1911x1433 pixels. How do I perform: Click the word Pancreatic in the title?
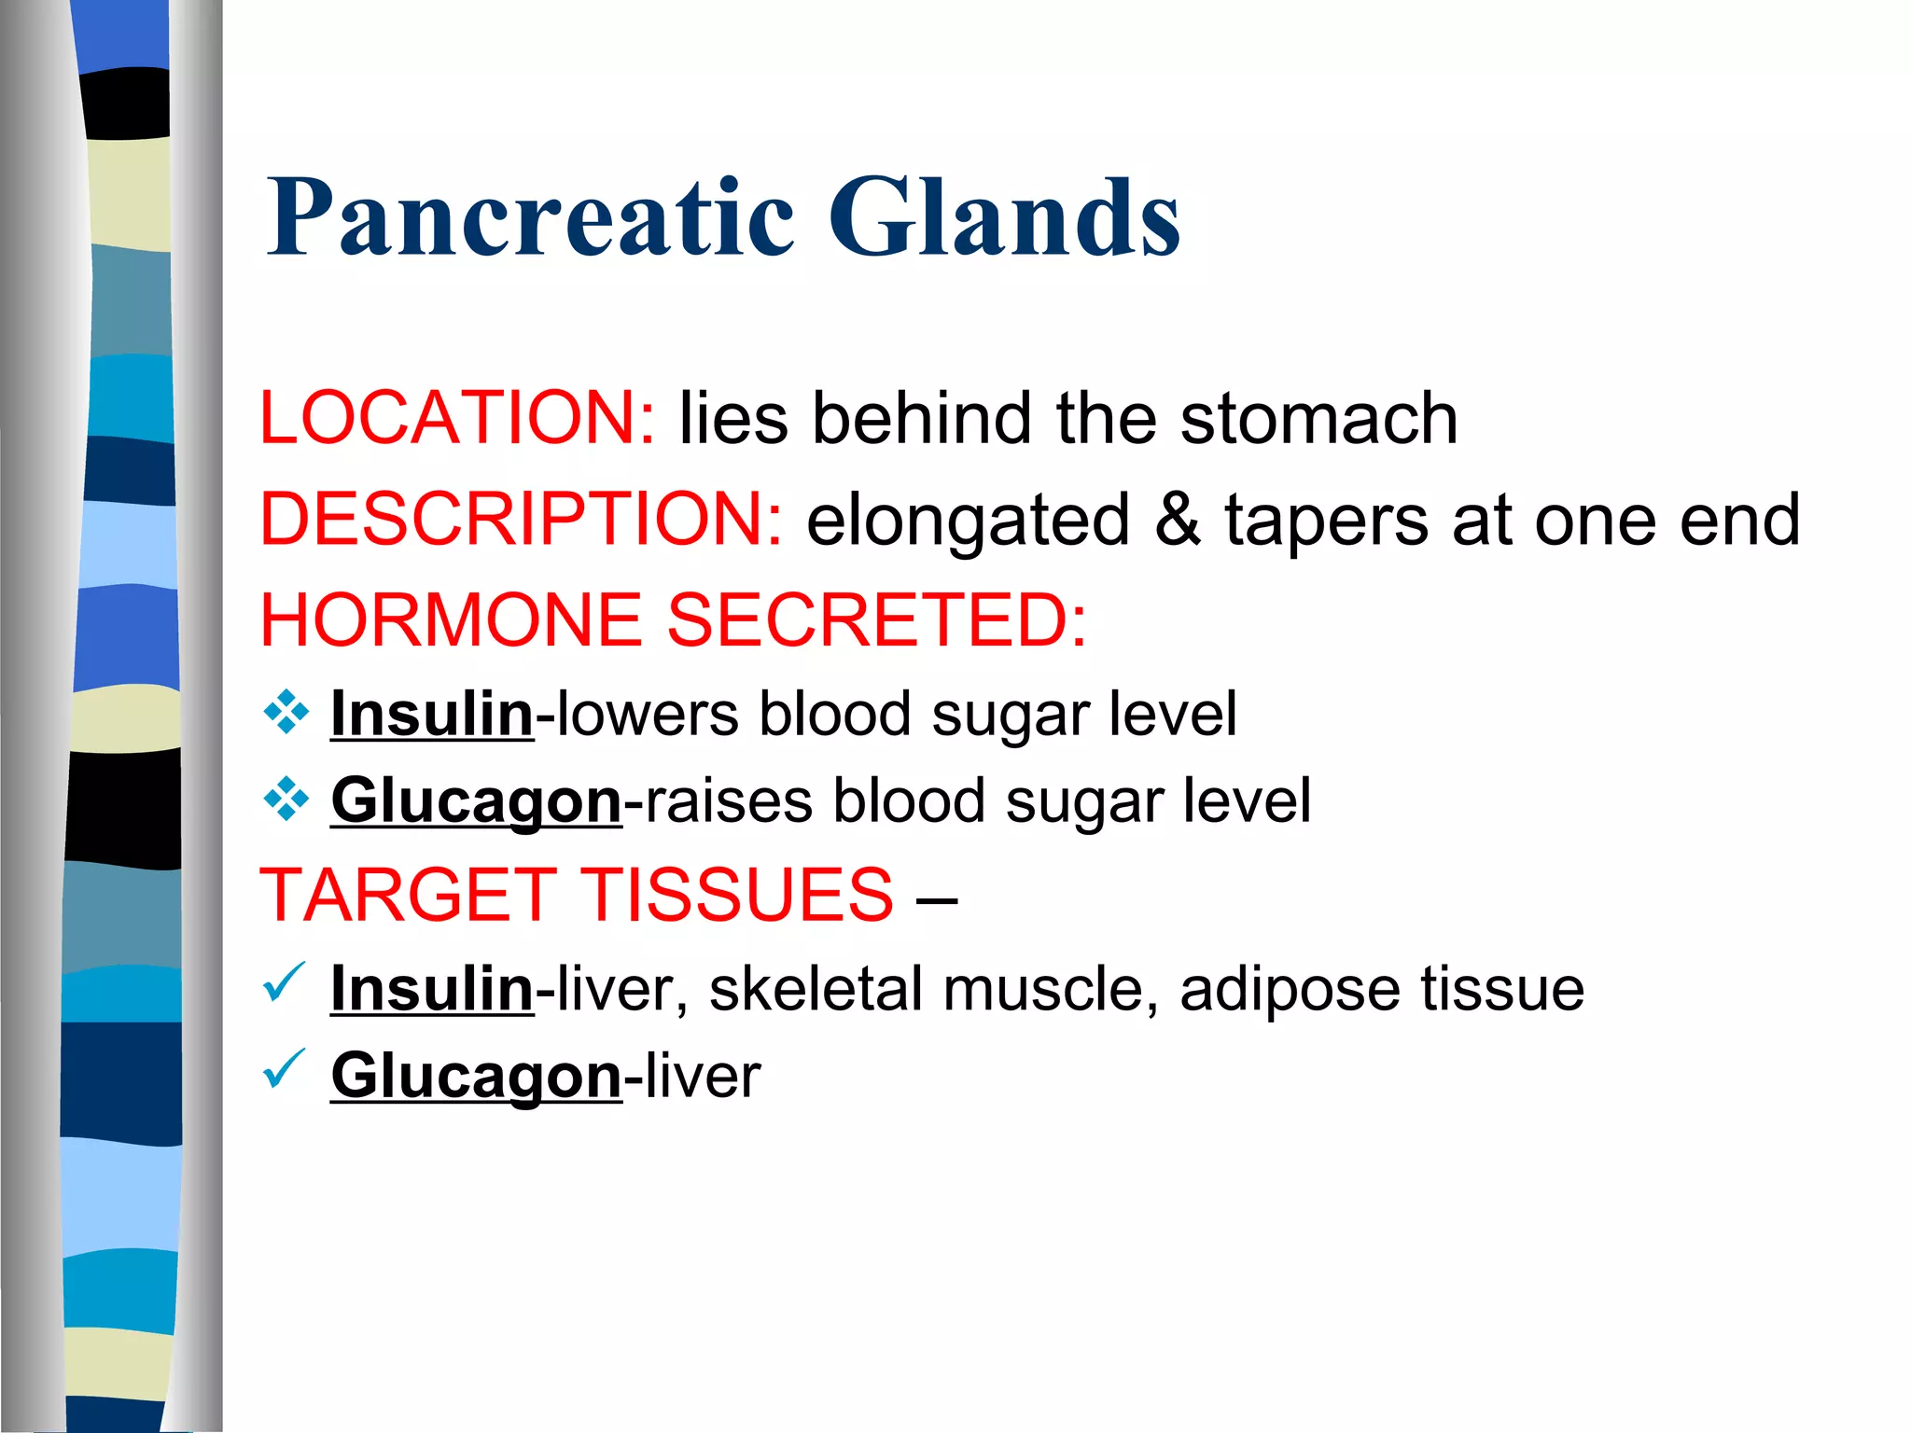click(x=529, y=218)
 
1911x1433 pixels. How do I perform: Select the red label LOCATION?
click(x=457, y=417)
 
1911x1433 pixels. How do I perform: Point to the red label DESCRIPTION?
click(x=521, y=520)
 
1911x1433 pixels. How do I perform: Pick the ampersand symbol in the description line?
click(x=1177, y=520)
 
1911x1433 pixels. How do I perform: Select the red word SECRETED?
click(x=877, y=620)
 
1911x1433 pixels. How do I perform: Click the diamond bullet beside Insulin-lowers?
click(x=286, y=714)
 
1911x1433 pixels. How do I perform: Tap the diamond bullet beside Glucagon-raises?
click(x=286, y=800)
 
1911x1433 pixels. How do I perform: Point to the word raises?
click(x=728, y=801)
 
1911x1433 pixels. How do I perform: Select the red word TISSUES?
click(x=737, y=895)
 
